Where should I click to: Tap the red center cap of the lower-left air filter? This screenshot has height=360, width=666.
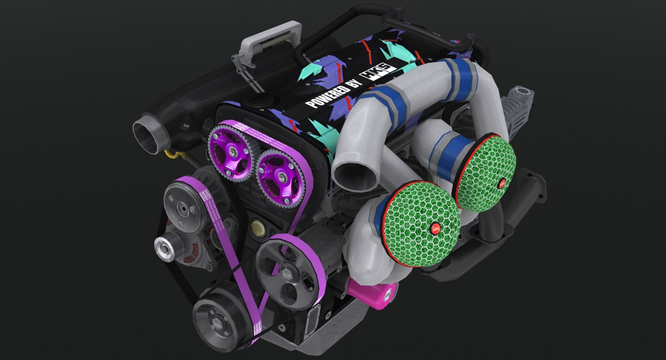click(x=435, y=228)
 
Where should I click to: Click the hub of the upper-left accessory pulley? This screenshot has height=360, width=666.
click(x=182, y=209)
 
